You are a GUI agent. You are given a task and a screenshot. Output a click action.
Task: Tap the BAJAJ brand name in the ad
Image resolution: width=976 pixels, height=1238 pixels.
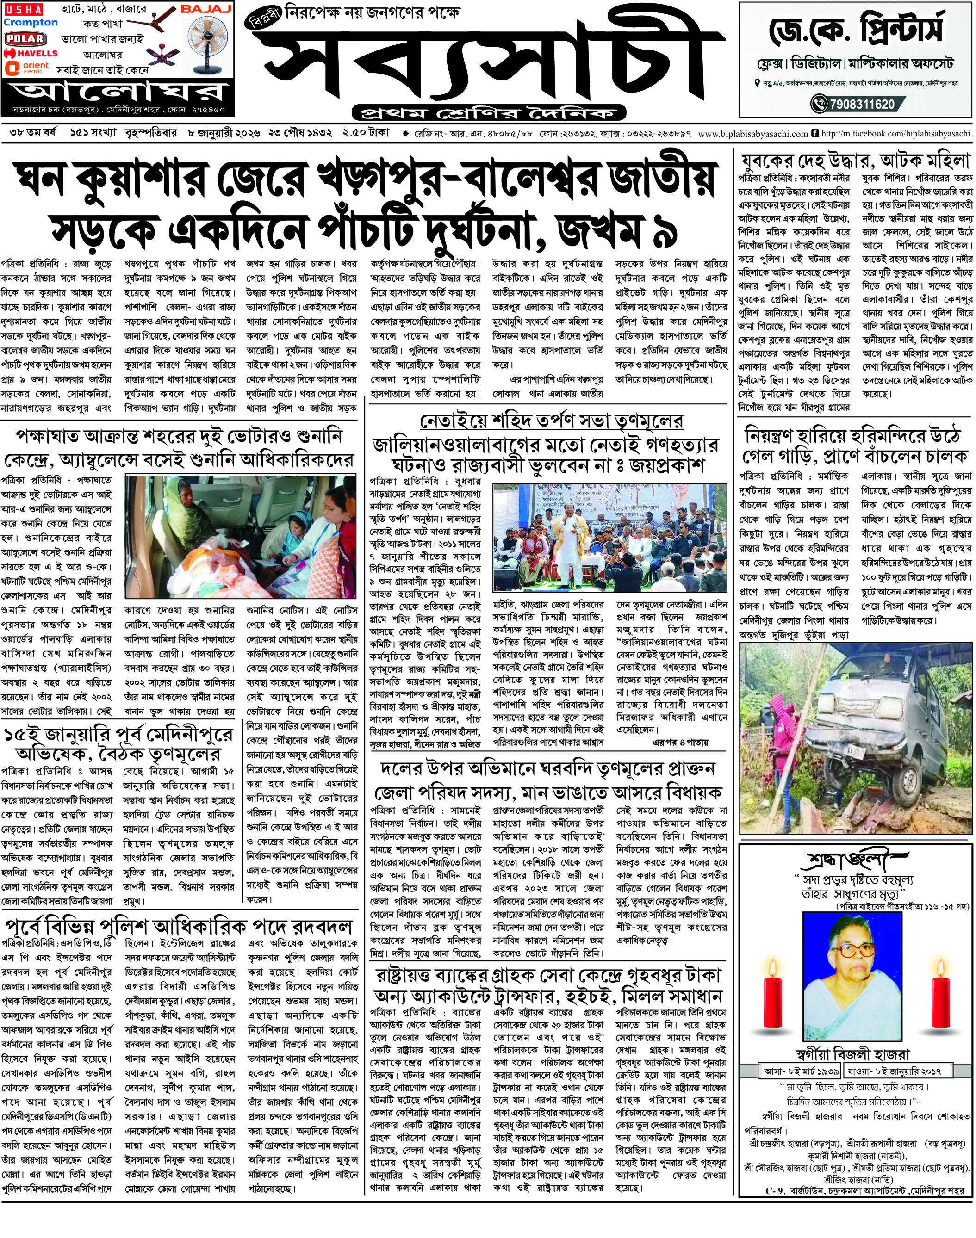tap(206, 10)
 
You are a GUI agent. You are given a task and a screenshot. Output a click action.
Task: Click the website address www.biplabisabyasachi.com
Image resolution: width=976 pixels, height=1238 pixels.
tap(752, 134)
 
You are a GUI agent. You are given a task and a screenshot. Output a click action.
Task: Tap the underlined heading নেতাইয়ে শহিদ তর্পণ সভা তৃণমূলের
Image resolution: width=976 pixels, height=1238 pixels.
tap(552, 421)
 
